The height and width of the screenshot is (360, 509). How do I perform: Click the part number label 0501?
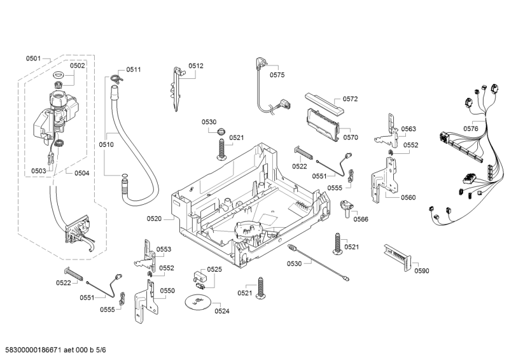point(33,59)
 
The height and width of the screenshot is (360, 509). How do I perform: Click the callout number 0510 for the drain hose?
point(106,144)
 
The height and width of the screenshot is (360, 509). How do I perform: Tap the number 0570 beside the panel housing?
point(351,137)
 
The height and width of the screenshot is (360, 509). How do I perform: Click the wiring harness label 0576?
point(470,128)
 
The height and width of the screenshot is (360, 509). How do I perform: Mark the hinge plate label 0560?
point(408,197)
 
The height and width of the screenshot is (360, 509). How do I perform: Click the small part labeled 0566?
point(347,207)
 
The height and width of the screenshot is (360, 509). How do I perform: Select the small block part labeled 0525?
point(199,278)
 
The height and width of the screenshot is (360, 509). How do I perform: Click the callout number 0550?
point(167,291)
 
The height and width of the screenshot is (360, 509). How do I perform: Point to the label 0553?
point(164,249)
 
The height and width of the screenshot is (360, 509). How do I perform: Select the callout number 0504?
point(81,172)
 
